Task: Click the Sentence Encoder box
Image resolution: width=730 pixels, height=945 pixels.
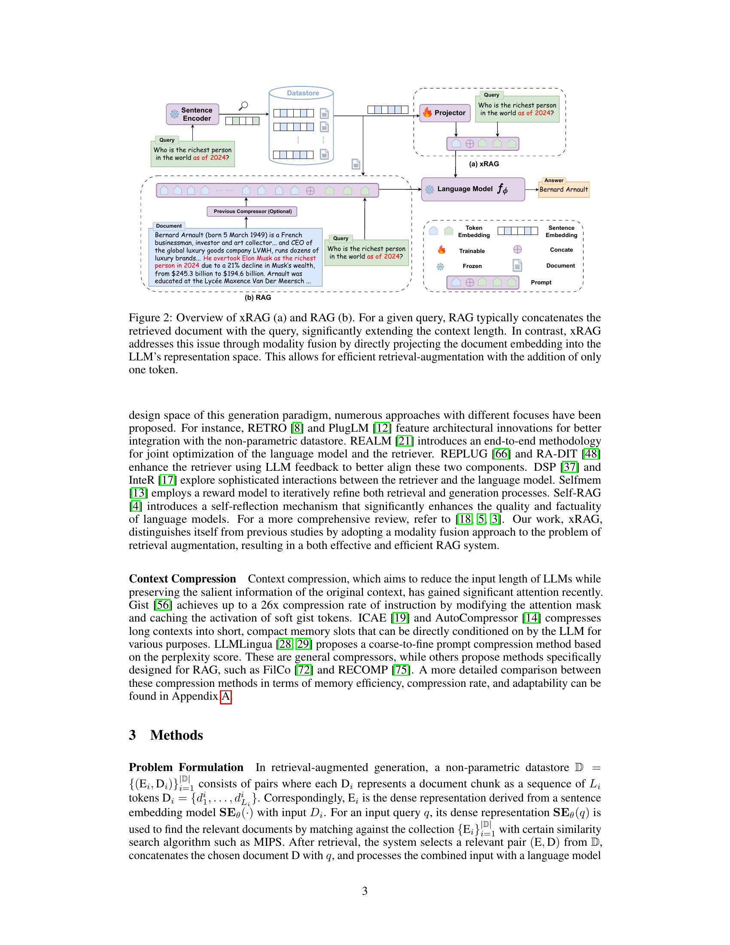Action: click(192, 114)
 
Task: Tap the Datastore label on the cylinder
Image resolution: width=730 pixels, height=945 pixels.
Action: click(303, 93)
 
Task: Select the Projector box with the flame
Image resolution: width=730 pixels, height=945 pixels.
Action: click(445, 113)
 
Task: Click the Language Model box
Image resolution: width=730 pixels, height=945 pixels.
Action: click(473, 189)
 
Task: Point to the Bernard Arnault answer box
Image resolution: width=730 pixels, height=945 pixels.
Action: click(563, 189)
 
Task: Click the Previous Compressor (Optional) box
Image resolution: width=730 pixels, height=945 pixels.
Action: click(252, 212)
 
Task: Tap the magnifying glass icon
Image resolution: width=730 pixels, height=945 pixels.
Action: click(243, 106)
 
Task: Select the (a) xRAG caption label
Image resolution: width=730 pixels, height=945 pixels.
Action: click(484, 164)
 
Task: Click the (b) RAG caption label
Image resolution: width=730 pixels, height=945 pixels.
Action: click(258, 298)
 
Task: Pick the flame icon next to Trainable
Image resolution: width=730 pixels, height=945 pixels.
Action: click(441, 250)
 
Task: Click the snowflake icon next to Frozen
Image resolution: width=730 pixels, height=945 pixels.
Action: click(440, 266)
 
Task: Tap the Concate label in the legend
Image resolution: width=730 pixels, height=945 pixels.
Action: click(561, 250)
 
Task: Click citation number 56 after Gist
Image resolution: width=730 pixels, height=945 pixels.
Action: click(163, 605)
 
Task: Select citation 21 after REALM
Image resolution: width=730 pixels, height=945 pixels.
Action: click(405, 441)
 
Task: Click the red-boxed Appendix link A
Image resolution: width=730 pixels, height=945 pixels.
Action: click(226, 696)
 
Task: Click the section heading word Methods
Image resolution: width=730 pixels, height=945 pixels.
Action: click(176, 735)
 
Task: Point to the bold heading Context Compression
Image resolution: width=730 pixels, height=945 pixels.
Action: click(182, 579)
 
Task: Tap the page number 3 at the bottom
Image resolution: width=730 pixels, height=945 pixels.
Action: click(365, 891)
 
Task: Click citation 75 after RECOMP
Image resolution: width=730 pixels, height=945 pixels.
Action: click(401, 670)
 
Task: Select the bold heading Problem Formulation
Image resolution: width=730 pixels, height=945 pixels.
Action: click(186, 767)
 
